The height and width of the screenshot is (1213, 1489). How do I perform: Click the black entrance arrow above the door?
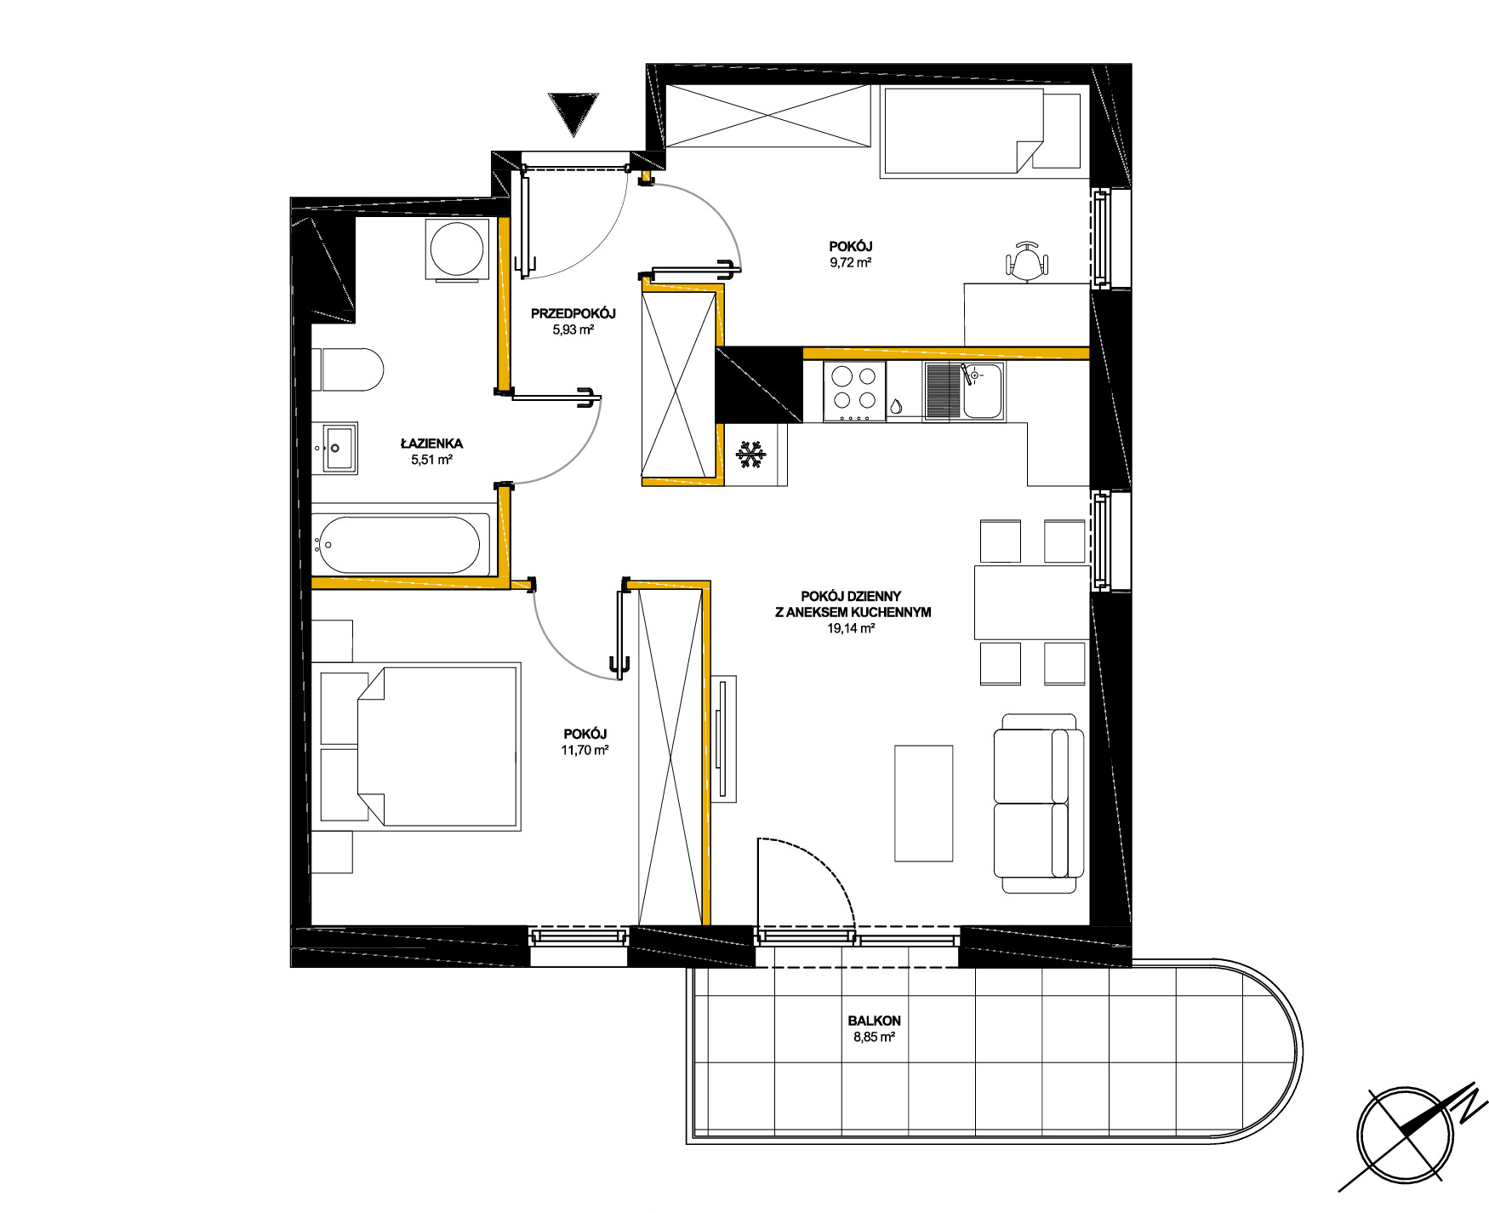pos(574,112)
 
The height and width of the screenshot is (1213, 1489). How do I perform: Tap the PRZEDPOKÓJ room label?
pos(573,313)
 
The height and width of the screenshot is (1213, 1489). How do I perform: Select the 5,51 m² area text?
pos(431,460)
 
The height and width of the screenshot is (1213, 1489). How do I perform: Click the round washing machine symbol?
pos(458,249)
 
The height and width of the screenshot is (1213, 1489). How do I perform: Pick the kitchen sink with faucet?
pos(964,391)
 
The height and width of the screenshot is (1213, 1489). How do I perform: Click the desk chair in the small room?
pos(1026,260)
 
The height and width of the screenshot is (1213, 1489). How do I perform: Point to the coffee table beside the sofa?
pos(923,803)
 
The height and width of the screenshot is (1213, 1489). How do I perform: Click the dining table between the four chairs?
pos(1031,603)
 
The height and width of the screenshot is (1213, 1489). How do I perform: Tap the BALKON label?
pos(874,1021)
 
